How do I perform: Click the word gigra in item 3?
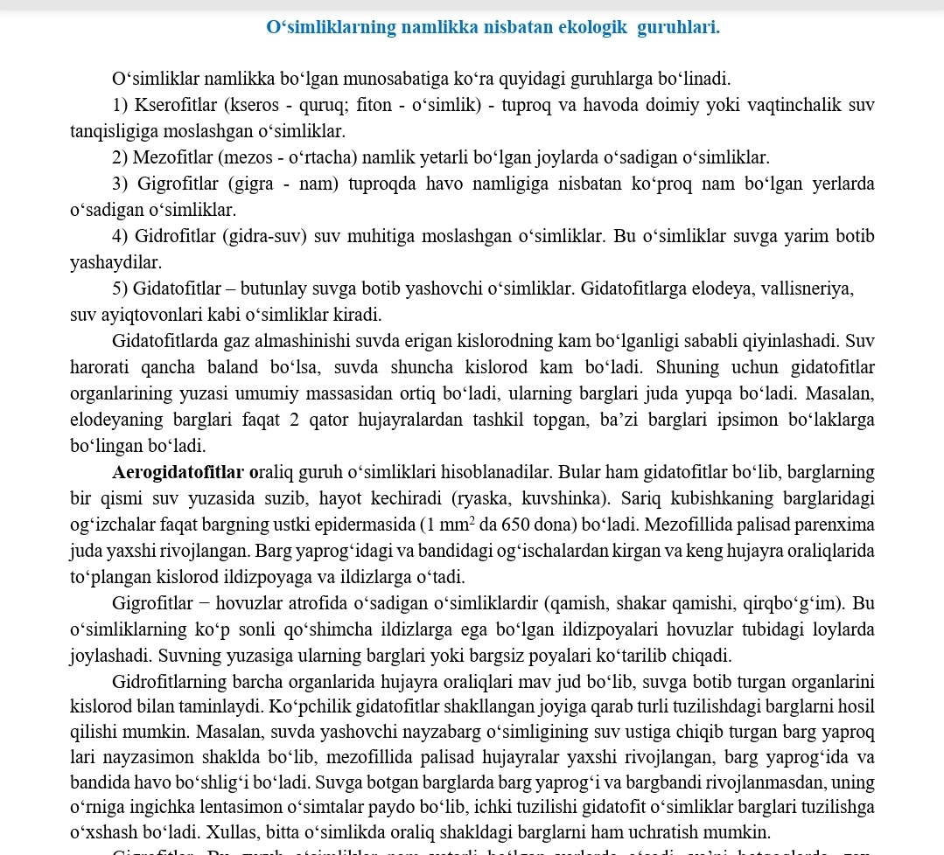(x=259, y=184)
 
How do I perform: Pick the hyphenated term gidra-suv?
(x=266, y=237)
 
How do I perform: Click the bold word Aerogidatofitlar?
(x=179, y=473)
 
